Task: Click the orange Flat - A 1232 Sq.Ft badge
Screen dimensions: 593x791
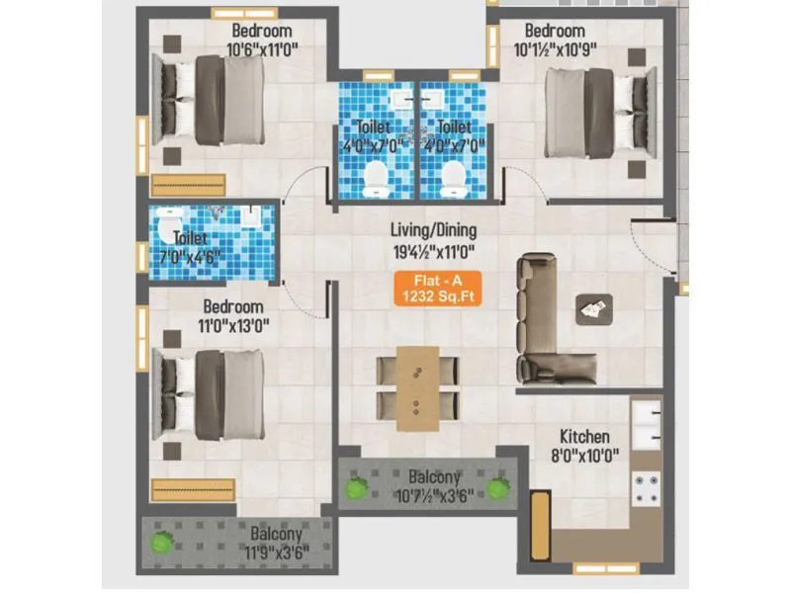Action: point(438,287)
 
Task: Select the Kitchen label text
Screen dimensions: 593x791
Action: point(584,437)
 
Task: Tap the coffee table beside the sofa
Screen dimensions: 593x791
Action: point(593,309)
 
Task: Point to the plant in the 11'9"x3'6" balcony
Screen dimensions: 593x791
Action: point(159,542)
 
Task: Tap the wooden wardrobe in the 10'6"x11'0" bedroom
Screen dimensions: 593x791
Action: point(189,185)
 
